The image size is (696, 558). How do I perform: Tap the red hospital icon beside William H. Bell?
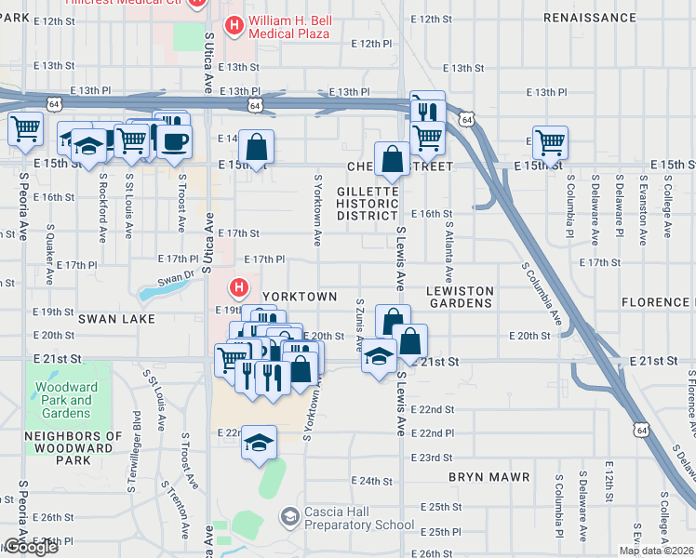[x=235, y=28]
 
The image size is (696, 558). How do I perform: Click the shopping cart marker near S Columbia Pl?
[x=550, y=143]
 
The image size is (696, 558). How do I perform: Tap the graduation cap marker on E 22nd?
[x=260, y=443]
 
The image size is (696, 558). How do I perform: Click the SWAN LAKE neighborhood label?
[x=110, y=318]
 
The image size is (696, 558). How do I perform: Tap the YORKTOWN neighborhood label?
[x=299, y=296]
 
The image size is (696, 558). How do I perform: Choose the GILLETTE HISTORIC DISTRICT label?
[x=368, y=203]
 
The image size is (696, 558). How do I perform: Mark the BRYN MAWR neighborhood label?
[x=489, y=477]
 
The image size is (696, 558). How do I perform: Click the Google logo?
[x=30, y=547]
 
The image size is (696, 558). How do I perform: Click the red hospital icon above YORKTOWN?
[x=239, y=288]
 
